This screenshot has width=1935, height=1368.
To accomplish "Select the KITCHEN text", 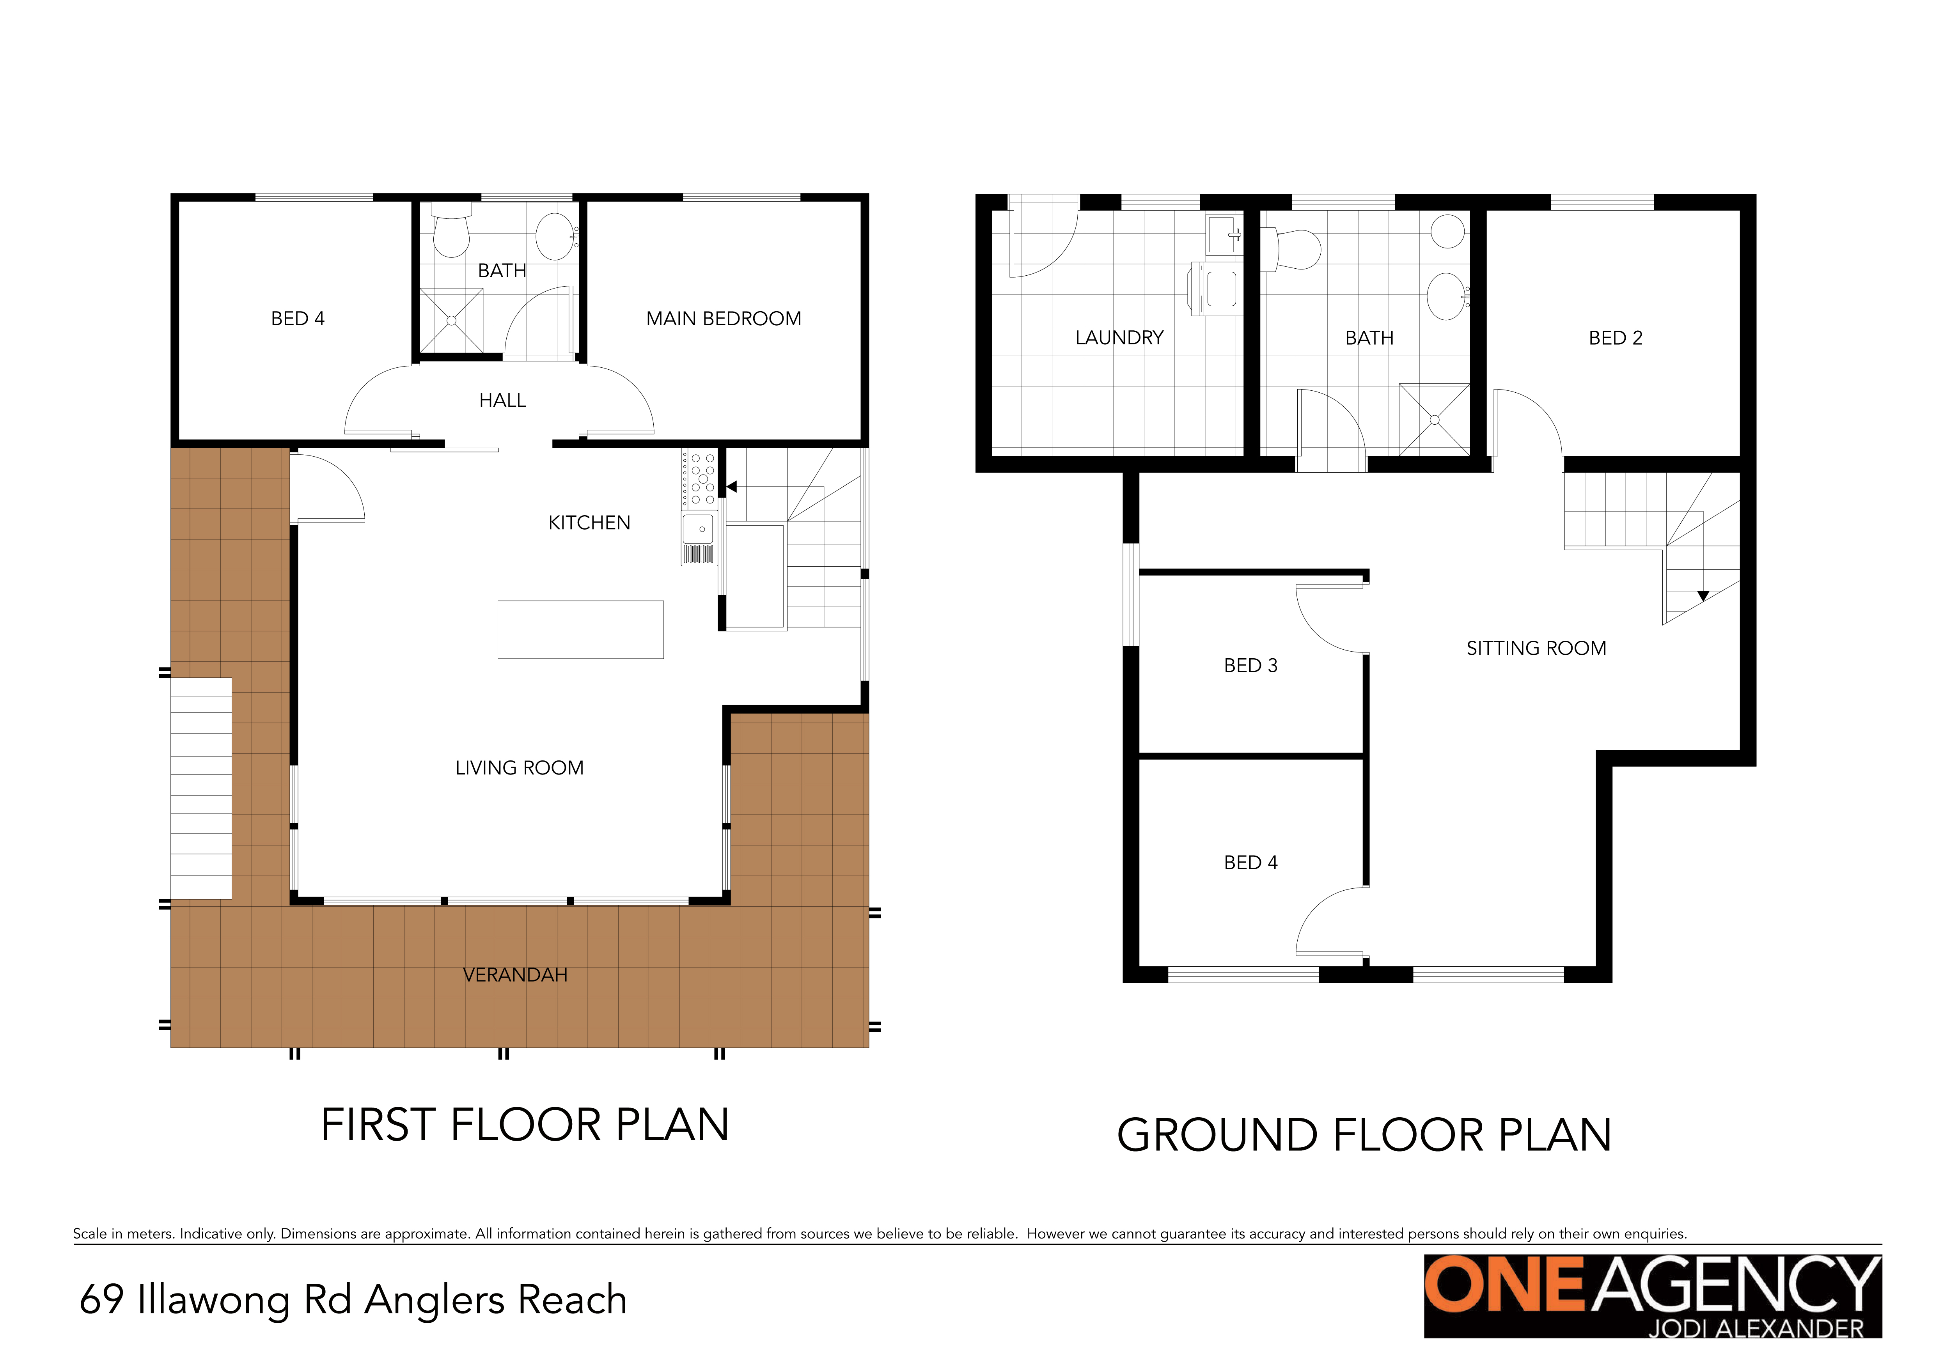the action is [589, 523].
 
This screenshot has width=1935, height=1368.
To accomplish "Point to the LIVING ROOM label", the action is [519, 768].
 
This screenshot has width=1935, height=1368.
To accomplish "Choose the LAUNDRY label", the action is [1119, 338].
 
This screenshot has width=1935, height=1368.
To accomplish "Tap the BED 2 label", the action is [1616, 338].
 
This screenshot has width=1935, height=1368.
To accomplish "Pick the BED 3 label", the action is [1250, 665].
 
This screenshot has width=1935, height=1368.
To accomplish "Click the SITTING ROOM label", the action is [1536, 649].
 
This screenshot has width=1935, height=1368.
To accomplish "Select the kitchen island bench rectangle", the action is [581, 629].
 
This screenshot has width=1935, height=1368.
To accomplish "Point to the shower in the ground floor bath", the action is [1435, 420].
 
